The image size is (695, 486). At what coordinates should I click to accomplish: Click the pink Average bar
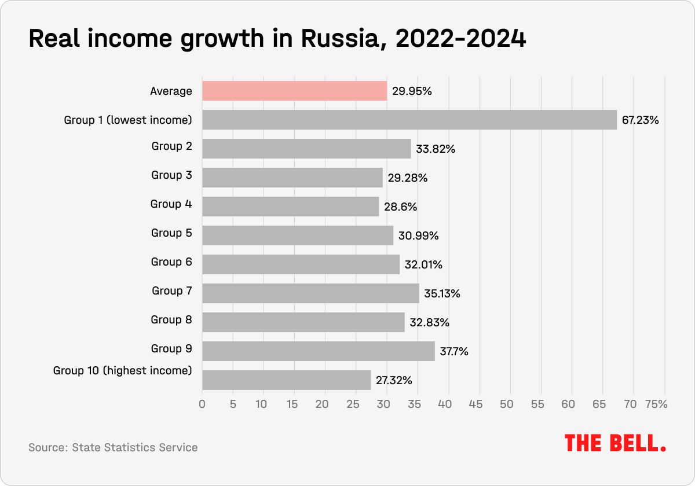pos(294,91)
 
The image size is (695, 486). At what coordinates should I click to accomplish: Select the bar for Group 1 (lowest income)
pos(409,120)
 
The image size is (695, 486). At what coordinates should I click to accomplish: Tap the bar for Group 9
pos(319,351)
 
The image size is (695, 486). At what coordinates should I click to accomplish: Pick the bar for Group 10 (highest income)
pos(286,380)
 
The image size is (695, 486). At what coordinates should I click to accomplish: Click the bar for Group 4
pos(290,207)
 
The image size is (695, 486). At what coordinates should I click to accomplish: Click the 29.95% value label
pos(412,91)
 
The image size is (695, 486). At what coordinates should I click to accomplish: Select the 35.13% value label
pos(442,294)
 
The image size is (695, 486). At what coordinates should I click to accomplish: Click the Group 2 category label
pos(171,146)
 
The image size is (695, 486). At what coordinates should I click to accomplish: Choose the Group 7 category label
pos(171,291)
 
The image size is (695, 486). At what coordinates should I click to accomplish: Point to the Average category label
pos(171,91)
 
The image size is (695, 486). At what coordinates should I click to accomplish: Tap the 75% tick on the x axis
pos(656,404)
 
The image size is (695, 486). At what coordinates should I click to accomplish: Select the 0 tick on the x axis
pos(202,404)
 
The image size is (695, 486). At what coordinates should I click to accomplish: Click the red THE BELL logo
pos(616,443)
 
